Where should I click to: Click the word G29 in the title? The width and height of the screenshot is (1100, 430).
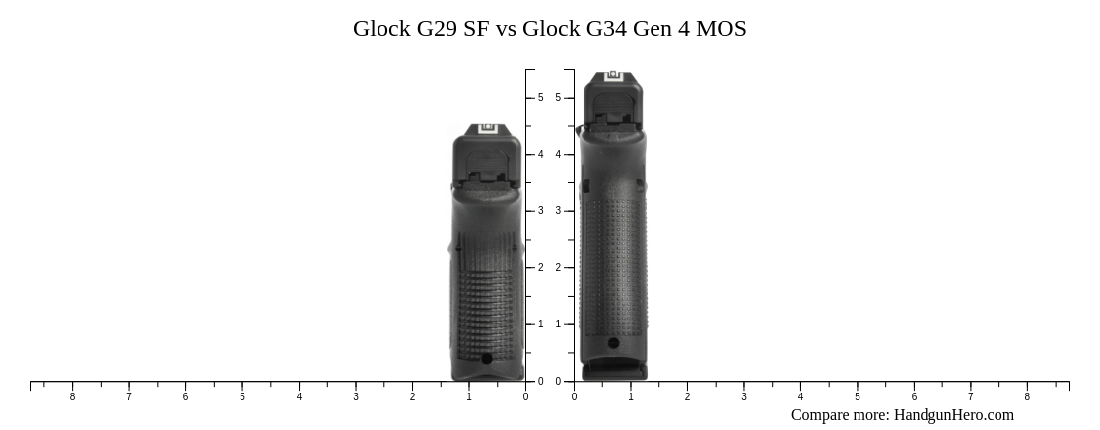(438, 29)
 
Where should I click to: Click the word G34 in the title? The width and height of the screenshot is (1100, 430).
(608, 29)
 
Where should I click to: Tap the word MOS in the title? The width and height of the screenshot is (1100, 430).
(721, 29)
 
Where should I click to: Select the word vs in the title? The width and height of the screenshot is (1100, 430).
(506, 29)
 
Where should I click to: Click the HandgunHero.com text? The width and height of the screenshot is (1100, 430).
(953, 415)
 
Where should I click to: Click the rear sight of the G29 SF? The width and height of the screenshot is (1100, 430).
(487, 129)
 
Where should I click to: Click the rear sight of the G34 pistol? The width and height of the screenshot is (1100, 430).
(613, 75)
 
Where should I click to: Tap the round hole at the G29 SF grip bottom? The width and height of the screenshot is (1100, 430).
(486, 359)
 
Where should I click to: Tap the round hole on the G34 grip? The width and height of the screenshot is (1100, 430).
(613, 343)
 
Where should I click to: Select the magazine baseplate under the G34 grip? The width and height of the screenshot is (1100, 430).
(614, 372)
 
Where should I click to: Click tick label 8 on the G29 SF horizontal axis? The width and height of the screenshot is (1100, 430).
(72, 397)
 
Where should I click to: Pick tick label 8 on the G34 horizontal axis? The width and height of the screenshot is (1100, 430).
(1027, 397)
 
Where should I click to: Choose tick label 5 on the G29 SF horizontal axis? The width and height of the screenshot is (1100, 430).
(242, 397)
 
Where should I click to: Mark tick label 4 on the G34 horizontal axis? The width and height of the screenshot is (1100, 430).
(800, 397)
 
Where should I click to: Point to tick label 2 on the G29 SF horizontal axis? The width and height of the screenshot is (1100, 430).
(412, 397)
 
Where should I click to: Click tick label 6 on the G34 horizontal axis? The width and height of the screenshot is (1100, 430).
(914, 397)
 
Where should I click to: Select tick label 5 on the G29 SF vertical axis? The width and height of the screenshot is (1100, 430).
(540, 98)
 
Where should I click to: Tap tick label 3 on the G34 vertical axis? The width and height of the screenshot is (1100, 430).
(558, 211)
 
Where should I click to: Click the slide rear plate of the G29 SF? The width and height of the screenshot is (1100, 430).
(487, 158)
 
